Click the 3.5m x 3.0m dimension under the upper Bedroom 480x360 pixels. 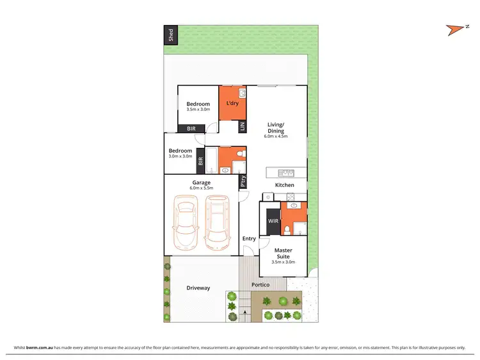[x=198, y=110]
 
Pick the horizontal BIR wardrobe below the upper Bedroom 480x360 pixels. [x=191, y=129]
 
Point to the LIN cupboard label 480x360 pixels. [x=242, y=127]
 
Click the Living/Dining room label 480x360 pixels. [x=276, y=127]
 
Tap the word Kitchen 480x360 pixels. [x=284, y=185]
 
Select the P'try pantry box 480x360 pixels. [x=243, y=182]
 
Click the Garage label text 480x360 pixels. [x=202, y=182]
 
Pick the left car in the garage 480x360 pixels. [x=186, y=222]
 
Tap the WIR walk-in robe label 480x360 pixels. [x=273, y=222]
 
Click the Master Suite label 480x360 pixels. [x=283, y=253]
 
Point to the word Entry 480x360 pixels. [x=249, y=239]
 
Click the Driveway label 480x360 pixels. [x=198, y=288]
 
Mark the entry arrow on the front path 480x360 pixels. [x=245, y=313]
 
